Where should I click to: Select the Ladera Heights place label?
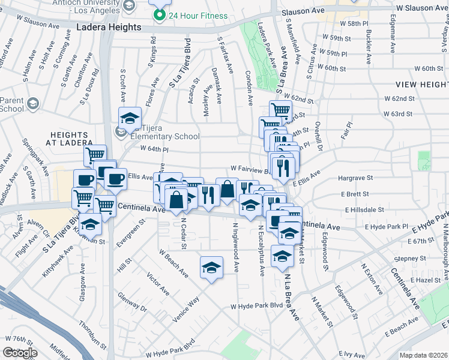[x=109, y=28]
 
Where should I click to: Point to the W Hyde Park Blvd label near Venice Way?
[x=257, y=306]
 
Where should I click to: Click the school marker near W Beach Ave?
[x=211, y=268]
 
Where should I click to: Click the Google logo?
[x=20, y=352]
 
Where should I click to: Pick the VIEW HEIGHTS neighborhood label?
[x=423, y=85]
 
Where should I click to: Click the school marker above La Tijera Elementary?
[x=129, y=117]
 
